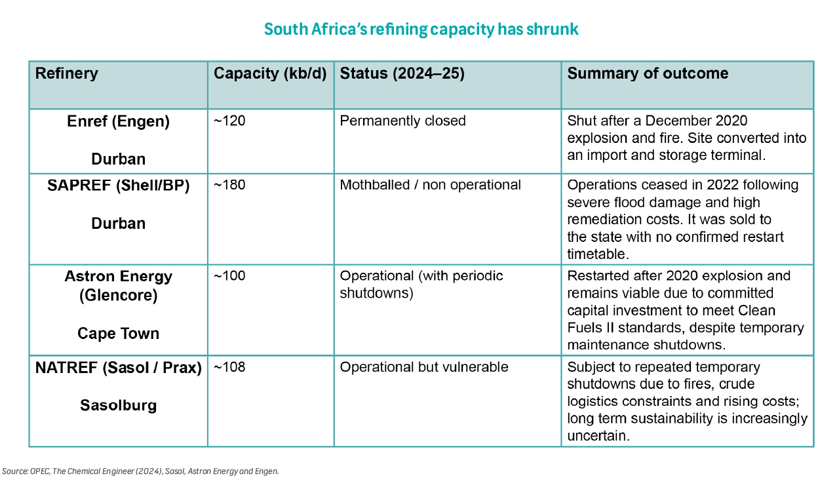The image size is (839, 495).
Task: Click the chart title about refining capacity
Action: click(421, 30)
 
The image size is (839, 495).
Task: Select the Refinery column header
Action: click(66, 73)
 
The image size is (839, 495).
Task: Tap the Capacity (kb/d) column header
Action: click(270, 73)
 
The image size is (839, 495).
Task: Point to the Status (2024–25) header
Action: click(402, 73)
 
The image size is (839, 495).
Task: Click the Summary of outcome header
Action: click(648, 73)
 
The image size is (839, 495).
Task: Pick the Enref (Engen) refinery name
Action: click(118, 121)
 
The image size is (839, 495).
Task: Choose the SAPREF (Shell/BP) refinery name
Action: click(118, 186)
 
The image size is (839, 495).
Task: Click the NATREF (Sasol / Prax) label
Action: click(118, 368)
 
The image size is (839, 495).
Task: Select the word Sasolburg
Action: click(118, 405)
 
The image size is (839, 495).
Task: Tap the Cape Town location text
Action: click(118, 333)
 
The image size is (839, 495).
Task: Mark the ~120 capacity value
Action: click(229, 121)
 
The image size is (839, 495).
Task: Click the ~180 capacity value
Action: click(229, 186)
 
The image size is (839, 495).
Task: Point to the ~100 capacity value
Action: click(229, 276)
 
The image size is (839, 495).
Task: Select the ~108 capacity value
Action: click(229, 367)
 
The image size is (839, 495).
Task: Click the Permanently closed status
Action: click(402, 121)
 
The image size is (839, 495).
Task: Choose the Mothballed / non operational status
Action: click(430, 186)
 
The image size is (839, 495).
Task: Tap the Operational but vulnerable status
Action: click(423, 367)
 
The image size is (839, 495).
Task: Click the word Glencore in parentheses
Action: click(118, 296)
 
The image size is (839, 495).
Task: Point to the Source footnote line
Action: click(140, 471)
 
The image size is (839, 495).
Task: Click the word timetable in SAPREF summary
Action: click(596, 253)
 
